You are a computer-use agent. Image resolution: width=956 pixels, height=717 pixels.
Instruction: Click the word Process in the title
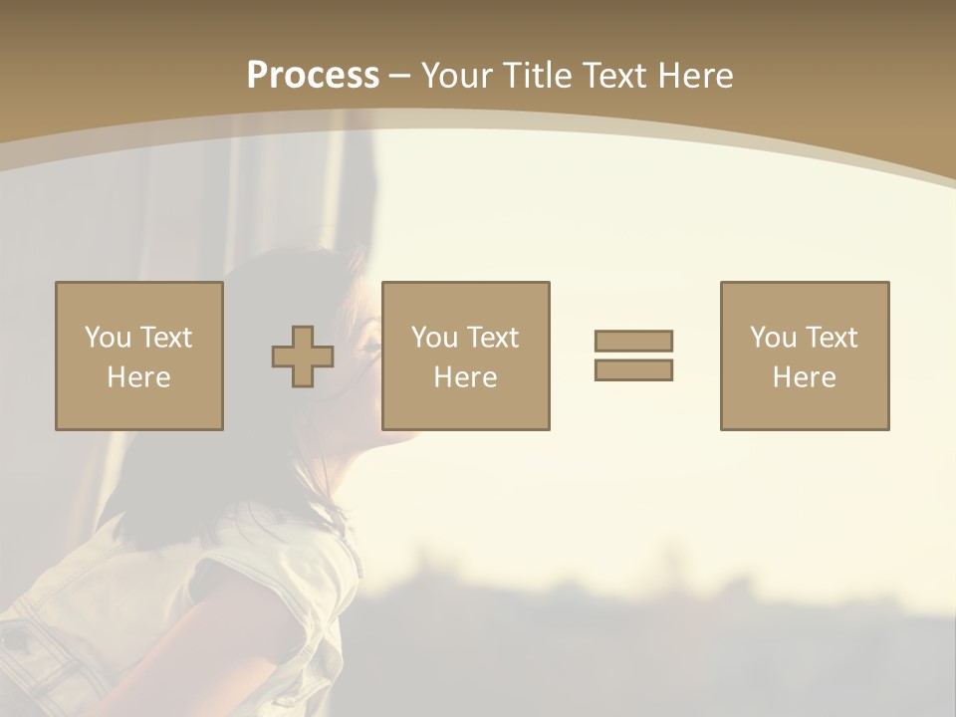(313, 76)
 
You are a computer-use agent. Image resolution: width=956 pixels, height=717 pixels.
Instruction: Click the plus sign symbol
(303, 357)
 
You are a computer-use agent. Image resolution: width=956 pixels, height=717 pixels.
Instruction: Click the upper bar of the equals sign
(633, 341)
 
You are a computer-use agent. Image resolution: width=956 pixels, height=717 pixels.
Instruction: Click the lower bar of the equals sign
(633, 369)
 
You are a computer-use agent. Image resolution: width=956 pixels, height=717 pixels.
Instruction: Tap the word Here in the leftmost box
(139, 377)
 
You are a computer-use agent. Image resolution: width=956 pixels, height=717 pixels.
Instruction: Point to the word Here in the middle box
(466, 377)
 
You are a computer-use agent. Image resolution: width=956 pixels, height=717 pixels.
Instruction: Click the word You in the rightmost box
(773, 338)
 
